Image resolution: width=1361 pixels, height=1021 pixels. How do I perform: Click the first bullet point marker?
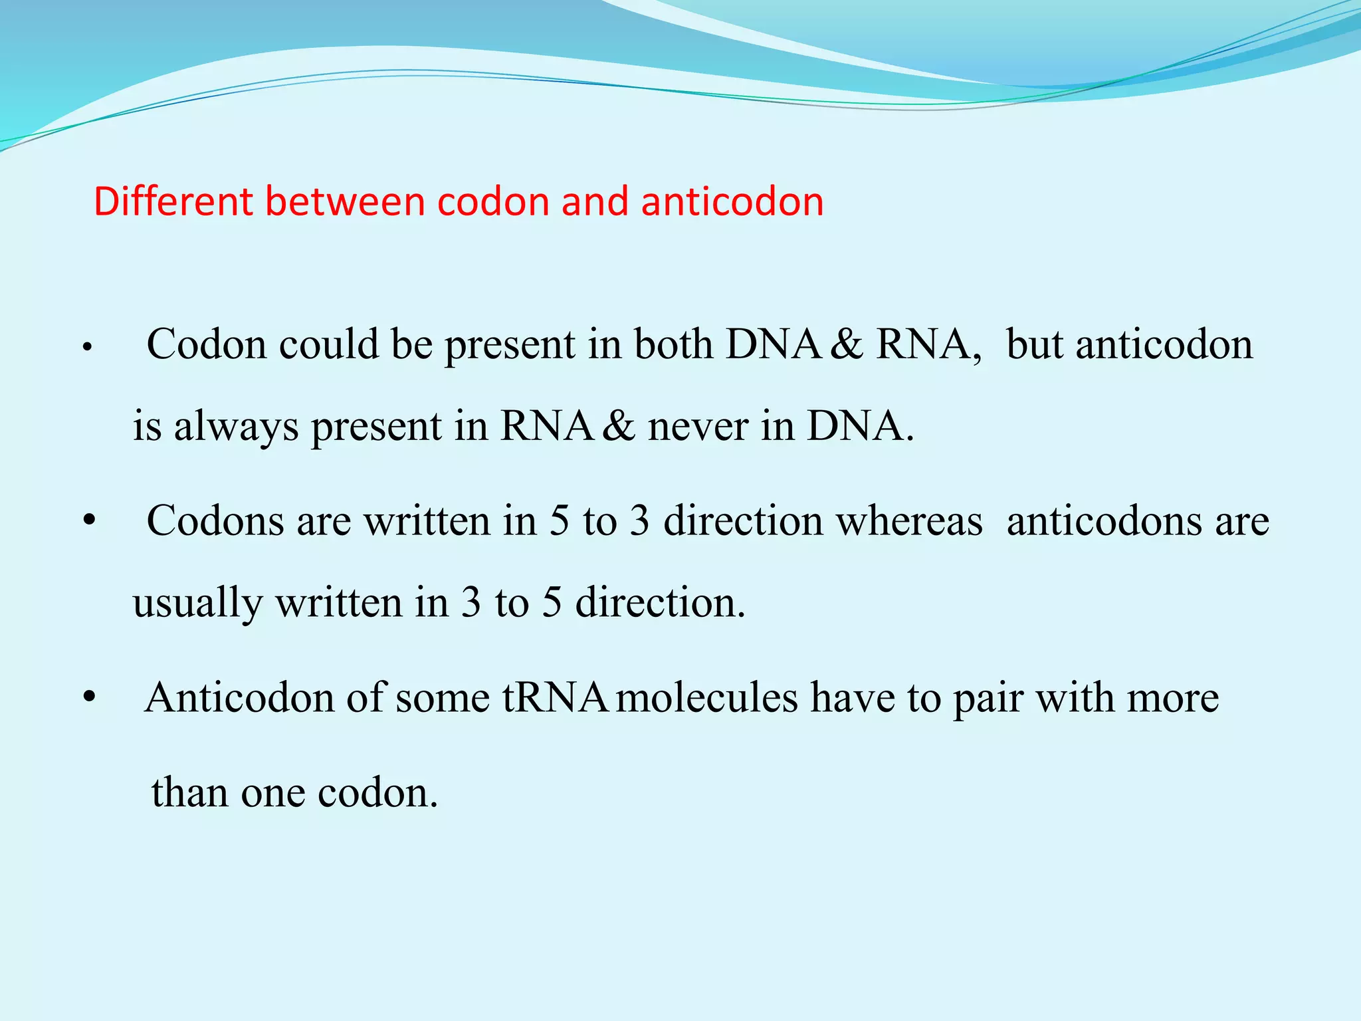(x=86, y=348)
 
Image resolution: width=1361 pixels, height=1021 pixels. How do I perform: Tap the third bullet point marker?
(x=89, y=699)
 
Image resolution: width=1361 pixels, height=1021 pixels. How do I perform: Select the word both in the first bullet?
(x=673, y=345)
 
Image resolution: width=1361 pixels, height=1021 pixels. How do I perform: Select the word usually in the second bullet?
(x=197, y=604)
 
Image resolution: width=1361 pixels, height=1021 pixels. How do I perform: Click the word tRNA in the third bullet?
(x=554, y=699)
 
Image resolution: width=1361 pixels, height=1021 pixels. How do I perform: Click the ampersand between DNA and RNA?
(x=846, y=345)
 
